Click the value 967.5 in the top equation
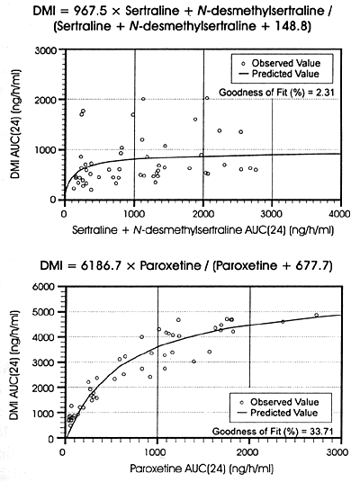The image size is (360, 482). tap(90, 11)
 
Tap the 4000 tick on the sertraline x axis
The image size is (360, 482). tap(340, 214)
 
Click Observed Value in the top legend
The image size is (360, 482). tap(286, 63)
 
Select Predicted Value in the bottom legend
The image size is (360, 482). tap(284, 413)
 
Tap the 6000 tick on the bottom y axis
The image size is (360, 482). tap(45, 287)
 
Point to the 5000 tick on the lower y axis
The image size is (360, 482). tap(45, 312)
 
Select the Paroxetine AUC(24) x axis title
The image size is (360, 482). tap(202, 469)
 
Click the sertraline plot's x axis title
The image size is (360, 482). tap(202, 230)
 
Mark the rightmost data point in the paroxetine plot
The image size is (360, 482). tap(316, 315)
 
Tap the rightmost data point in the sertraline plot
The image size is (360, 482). tap(256, 169)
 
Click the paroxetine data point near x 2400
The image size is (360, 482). tap(283, 322)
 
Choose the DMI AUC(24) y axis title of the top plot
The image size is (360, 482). tap(15, 125)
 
